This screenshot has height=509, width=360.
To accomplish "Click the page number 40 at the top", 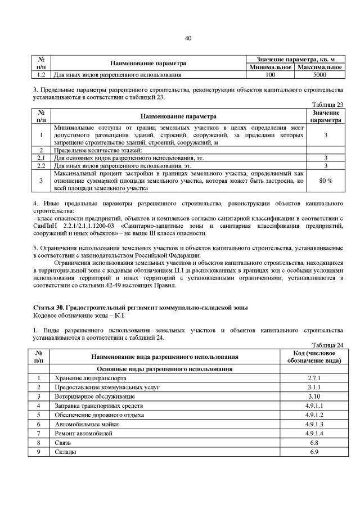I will point(188,38).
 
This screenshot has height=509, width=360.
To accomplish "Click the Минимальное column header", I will point(271,67).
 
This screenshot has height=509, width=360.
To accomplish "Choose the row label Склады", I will point(65,451).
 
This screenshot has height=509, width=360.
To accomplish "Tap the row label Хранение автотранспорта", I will point(89,379).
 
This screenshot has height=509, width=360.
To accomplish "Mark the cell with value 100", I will point(271,74).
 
